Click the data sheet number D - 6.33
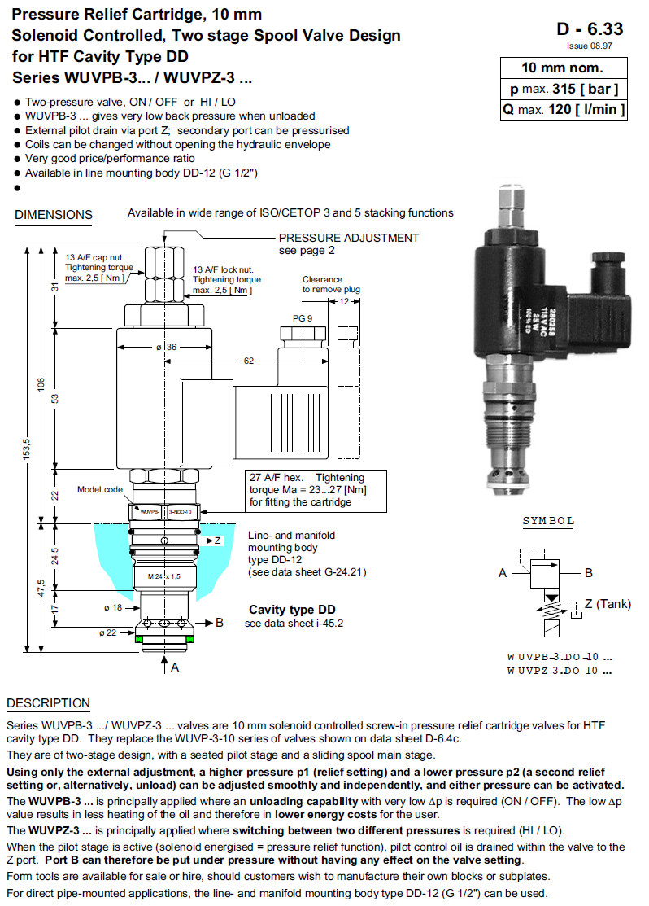(x=590, y=29)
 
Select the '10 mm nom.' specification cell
(x=563, y=68)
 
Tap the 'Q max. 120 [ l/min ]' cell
(x=563, y=109)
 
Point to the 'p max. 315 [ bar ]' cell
(x=563, y=89)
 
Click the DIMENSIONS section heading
(x=54, y=215)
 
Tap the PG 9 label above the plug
(x=302, y=318)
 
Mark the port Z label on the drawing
(x=217, y=541)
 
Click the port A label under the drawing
(x=174, y=667)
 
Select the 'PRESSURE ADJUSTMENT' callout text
(x=349, y=238)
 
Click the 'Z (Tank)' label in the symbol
(x=607, y=603)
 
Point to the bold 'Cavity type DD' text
(x=292, y=610)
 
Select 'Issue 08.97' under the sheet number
(x=600, y=46)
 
